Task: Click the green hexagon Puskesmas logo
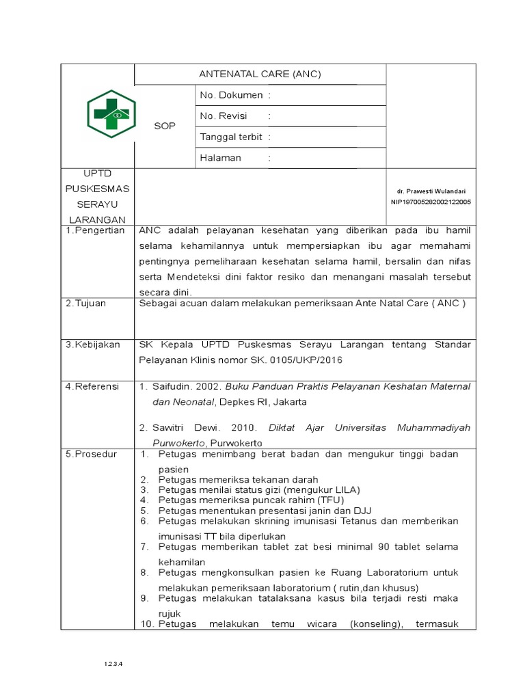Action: [111, 113]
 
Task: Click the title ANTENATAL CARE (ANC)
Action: [260, 74]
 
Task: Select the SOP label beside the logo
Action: [165, 126]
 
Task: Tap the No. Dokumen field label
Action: [231, 95]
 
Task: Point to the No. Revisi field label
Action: [223, 116]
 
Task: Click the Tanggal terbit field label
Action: [231, 137]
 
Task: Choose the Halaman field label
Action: [220, 158]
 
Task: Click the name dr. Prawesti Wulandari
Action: [431, 191]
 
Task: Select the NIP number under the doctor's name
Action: [431, 202]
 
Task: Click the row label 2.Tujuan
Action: [86, 304]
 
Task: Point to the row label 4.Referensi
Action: [92, 386]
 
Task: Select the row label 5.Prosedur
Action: [92, 454]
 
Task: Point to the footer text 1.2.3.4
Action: [113, 664]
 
